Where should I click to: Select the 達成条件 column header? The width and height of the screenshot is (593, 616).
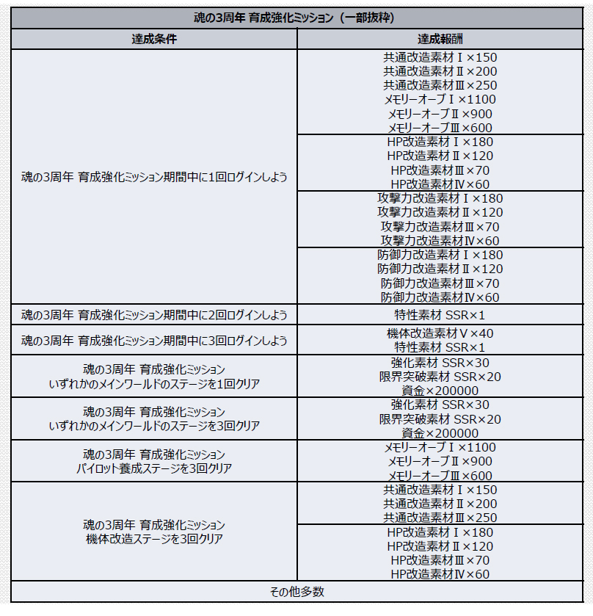pyautogui.click(x=154, y=39)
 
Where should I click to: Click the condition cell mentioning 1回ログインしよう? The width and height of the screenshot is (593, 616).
pyautogui.click(x=154, y=177)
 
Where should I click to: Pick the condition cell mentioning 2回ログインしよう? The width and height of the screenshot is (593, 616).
pyautogui.click(x=154, y=315)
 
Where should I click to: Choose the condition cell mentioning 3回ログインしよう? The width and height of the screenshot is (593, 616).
pyautogui.click(x=154, y=341)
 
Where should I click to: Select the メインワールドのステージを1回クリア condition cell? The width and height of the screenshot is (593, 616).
pyautogui.click(x=154, y=377)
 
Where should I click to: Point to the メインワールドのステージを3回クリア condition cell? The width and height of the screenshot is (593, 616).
pyautogui.click(x=154, y=418)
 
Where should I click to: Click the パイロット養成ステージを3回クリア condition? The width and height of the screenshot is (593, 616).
pyautogui.click(x=154, y=461)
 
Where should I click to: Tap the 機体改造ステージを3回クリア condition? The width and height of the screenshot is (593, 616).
pyautogui.click(x=154, y=532)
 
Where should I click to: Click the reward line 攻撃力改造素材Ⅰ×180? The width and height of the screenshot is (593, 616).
pyautogui.click(x=440, y=198)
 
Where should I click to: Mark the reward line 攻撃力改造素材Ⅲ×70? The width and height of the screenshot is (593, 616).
pyautogui.click(x=440, y=226)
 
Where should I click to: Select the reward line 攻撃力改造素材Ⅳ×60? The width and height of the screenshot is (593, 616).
pyautogui.click(x=440, y=240)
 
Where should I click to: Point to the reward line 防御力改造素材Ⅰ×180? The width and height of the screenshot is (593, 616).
pyautogui.click(x=440, y=255)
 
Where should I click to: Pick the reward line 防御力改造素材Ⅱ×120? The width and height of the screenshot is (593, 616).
pyautogui.click(x=440, y=269)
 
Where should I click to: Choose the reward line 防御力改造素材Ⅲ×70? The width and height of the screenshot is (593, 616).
pyautogui.click(x=440, y=283)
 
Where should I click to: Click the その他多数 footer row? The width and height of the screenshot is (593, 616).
pyautogui.click(x=296, y=591)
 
